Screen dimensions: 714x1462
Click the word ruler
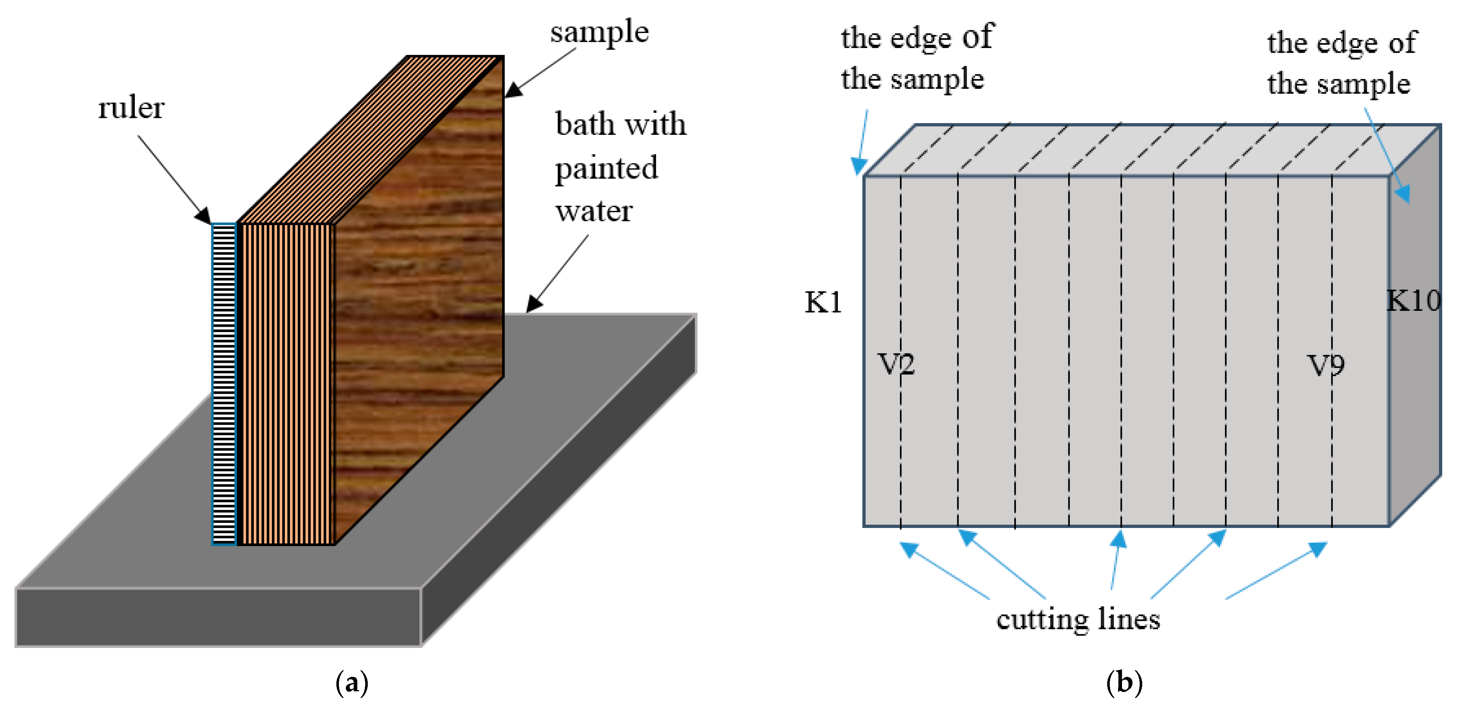click(x=131, y=108)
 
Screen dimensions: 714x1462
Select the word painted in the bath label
click(x=606, y=168)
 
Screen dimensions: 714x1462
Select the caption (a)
click(x=352, y=682)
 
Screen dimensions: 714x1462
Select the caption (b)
click(x=1124, y=682)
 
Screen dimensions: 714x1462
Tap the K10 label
click(x=1413, y=300)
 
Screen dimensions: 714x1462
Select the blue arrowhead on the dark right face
click(x=1402, y=194)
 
